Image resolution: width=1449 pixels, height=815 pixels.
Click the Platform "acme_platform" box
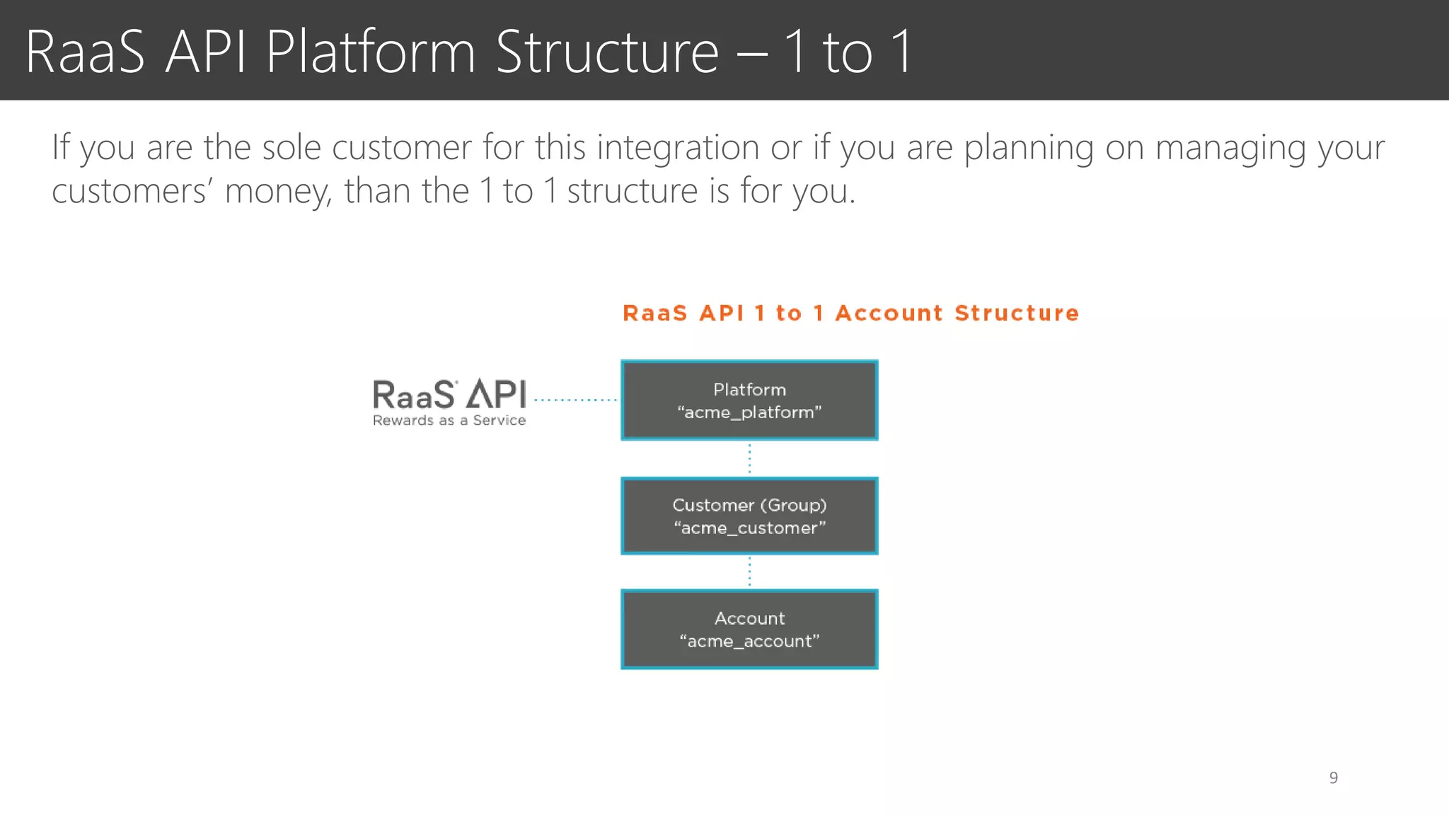coord(749,400)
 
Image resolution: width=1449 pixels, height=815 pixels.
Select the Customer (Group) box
coord(749,516)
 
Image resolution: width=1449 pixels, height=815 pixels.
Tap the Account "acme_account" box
coord(749,629)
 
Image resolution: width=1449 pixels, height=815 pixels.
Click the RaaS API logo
coord(449,395)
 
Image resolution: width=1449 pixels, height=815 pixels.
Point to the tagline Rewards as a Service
coord(449,420)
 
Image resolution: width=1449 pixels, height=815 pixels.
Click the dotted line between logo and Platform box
coord(575,400)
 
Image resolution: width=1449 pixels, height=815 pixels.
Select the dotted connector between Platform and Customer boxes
coord(749,458)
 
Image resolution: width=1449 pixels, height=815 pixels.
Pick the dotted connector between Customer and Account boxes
coord(749,572)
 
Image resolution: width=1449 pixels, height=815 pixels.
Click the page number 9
coord(1333,778)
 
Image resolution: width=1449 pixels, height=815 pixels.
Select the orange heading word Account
coord(889,313)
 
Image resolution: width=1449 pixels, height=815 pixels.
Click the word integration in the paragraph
coord(679,148)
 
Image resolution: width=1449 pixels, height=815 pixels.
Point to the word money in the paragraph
coord(278,191)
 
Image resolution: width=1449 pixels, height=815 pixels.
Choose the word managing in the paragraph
coord(1230,148)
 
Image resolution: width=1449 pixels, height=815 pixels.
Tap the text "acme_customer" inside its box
coord(749,528)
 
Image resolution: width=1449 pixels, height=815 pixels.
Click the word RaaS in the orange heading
coord(654,313)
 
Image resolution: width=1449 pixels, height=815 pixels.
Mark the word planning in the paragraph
coord(1029,148)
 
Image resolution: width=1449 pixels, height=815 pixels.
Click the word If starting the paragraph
coord(61,148)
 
